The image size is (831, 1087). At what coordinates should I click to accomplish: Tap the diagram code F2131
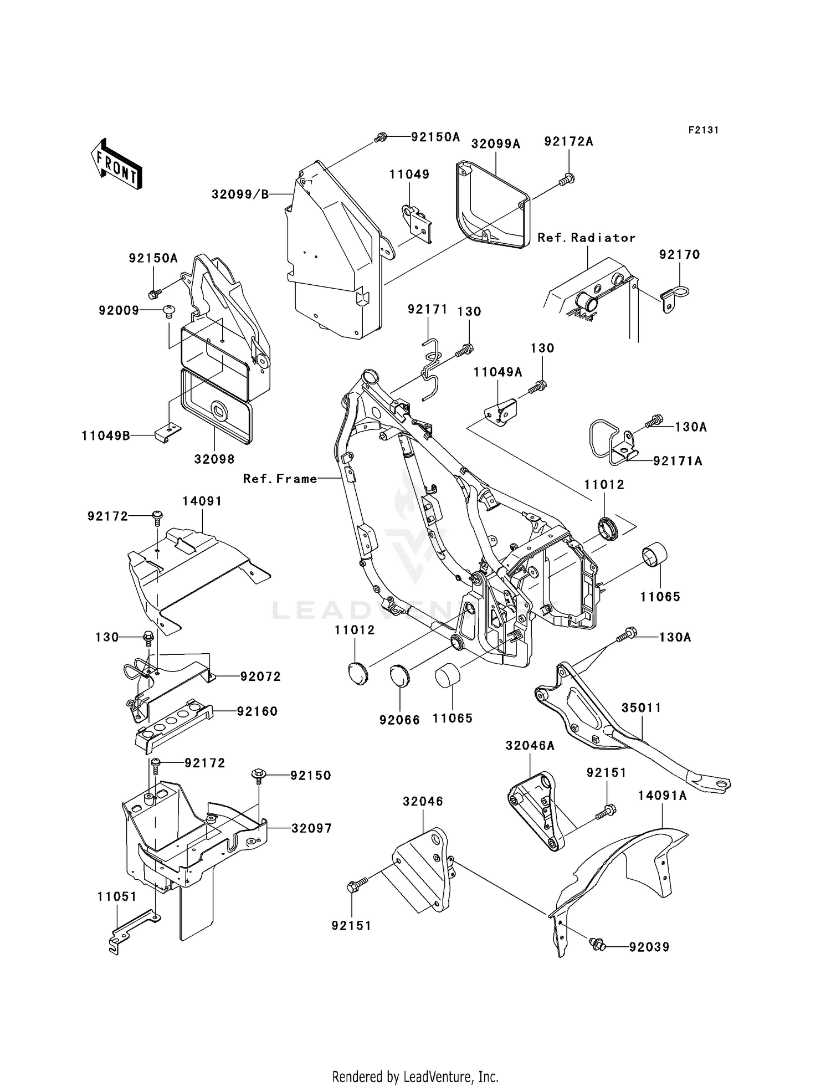(704, 130)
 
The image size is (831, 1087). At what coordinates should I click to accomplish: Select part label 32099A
(496, 144)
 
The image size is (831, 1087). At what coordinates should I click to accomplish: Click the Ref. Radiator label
(586, 238)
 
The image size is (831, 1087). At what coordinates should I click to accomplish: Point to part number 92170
(679, 255)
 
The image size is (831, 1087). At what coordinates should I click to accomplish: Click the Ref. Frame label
(280, 479)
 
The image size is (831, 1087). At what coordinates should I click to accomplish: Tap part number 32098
(214, 459)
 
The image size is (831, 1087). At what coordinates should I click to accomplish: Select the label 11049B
(106, 436)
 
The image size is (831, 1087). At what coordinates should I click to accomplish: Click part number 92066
(399, 720)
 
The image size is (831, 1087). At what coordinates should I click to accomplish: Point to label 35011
(641, 708)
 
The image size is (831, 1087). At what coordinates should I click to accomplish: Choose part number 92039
(649, 947)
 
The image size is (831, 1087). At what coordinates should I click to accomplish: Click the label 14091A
(662, 796)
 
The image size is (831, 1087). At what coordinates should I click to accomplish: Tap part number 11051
(116, 896)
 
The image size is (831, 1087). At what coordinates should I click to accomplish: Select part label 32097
(311, 828)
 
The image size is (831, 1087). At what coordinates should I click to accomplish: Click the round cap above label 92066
(399, 674)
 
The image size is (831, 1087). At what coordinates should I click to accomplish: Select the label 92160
(257, 711)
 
